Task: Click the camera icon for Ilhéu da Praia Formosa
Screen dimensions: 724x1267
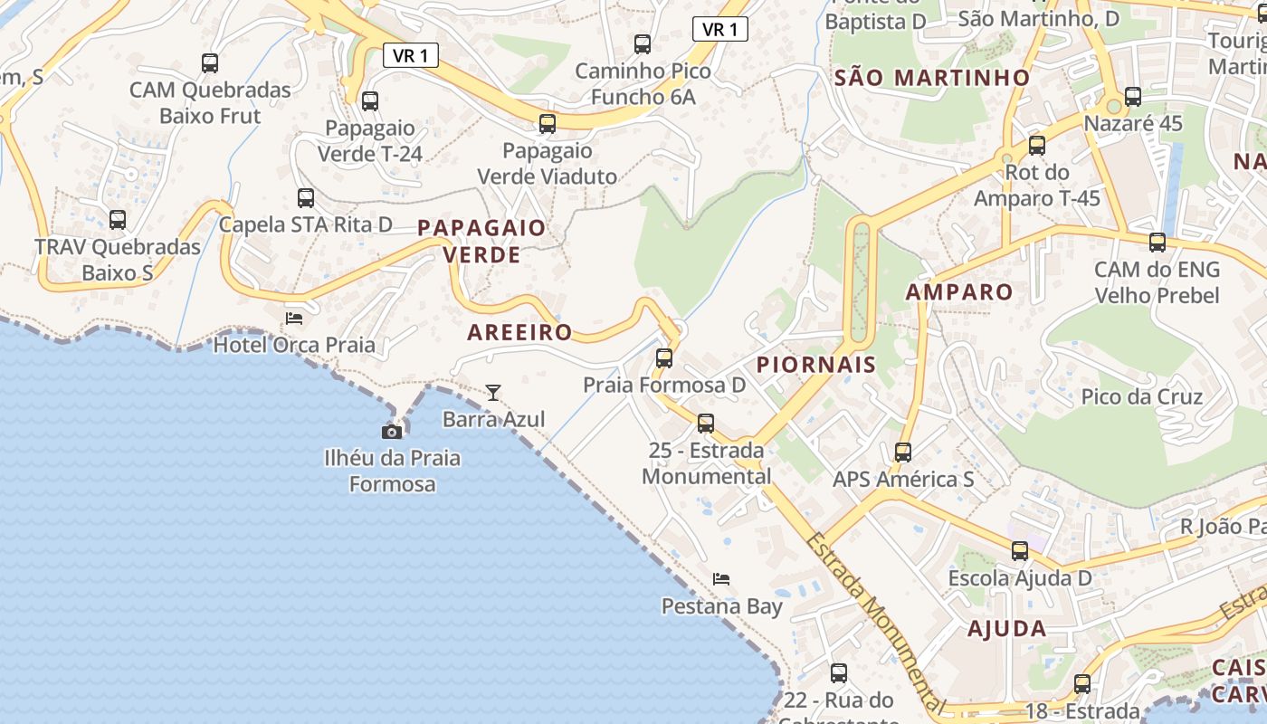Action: [x=392, y=432]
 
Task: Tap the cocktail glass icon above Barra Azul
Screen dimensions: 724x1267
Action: [x=493, y=392]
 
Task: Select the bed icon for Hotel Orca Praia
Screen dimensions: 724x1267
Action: [x=294, y=318]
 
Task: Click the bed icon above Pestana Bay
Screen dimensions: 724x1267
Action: [x=721, y=578]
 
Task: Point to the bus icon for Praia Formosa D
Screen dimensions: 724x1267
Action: [x=664, y=358]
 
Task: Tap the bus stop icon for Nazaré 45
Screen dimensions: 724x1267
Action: [x=1133, y=97]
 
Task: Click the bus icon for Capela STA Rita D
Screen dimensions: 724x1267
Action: [x=306, y=198]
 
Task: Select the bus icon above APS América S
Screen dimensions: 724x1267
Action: [x=903, y=452]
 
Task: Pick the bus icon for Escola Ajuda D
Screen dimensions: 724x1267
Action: [x=1020, y=551]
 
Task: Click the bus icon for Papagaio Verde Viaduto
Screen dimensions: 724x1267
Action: [x=548, y=124]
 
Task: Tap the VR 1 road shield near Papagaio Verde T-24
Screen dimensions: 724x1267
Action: [x=411, y=55]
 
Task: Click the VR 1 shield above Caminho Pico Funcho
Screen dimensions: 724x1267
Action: [x=719, y=29]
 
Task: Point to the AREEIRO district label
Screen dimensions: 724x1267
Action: [x=519, y=332]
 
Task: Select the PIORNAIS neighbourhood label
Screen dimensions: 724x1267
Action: [x=816, y=365]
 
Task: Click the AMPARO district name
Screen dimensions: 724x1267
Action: [x=959, y=291]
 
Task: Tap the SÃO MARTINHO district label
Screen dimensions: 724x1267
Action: [x=932, y=78]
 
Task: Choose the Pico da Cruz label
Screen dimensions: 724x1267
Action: [x=1142, y=396]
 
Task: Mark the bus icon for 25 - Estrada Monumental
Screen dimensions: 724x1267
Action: [x=706, y=424]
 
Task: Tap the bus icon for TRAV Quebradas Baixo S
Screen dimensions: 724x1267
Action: [x=118, y=220]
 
